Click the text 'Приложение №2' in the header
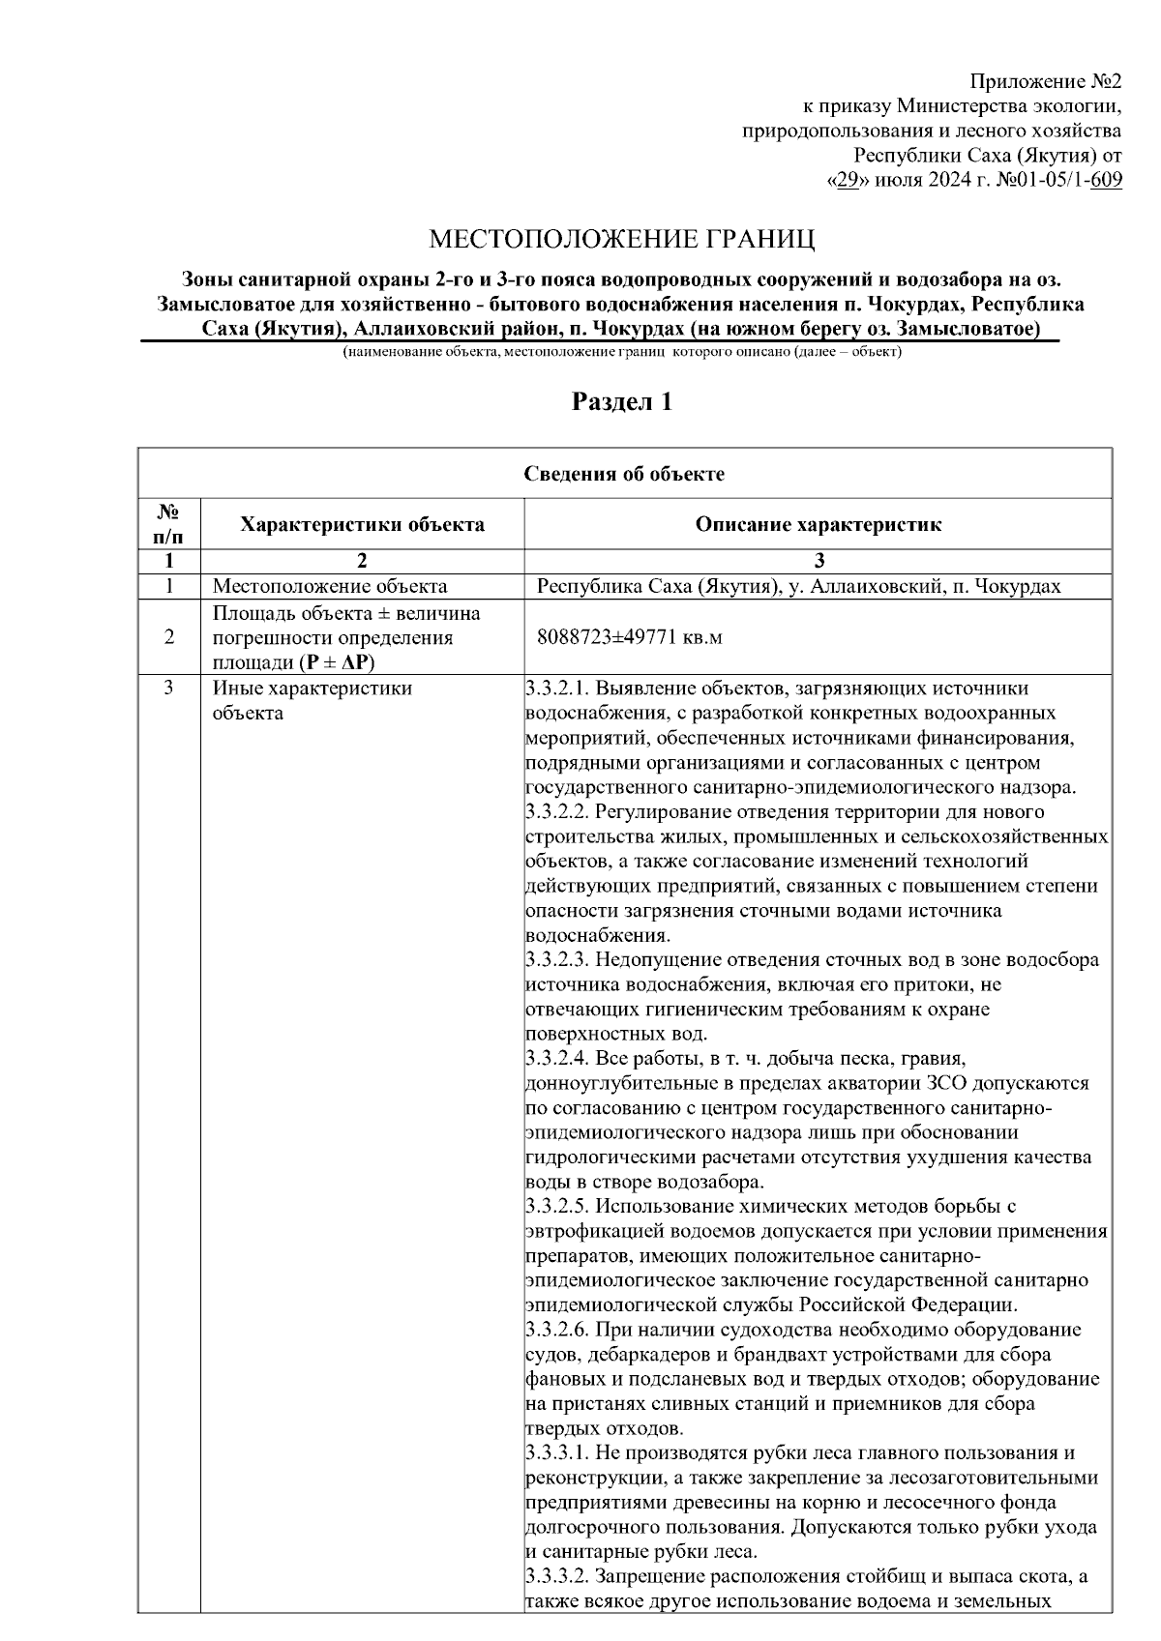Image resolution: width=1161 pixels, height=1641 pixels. (1046, 81)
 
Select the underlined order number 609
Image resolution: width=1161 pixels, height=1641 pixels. (1105, 181)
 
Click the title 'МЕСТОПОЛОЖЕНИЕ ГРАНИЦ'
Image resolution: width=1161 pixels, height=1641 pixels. (623, 239)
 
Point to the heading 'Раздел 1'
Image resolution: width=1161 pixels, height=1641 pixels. (622, 402)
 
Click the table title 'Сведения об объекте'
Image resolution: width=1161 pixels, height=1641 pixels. (624, 474)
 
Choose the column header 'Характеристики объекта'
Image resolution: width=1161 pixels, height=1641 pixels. (362, 525)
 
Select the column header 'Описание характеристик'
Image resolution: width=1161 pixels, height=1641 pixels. (818, 525)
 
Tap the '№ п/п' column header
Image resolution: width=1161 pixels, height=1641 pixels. (169, 523)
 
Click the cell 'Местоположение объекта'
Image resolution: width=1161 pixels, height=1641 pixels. (330, 586)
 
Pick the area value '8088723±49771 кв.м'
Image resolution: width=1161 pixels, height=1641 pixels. (630, 637)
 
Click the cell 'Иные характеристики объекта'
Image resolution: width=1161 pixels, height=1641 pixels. (312, 700)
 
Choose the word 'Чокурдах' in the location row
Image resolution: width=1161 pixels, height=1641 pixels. (1016, 586)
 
